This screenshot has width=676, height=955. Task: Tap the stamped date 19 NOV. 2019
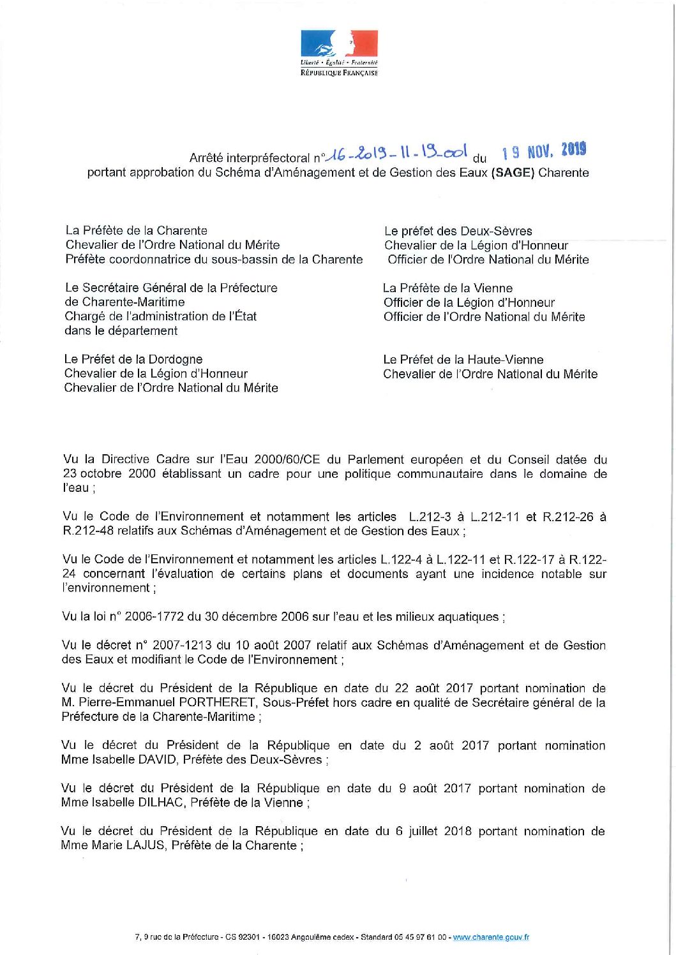544,151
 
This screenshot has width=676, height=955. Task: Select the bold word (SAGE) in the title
513,173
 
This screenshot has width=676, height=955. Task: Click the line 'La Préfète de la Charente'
137,231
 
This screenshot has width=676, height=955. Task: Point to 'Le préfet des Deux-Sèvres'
458,232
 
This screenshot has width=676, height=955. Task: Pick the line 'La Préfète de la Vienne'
447,288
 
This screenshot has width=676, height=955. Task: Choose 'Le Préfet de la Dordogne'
133,360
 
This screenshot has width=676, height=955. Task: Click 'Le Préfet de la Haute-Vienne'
463,360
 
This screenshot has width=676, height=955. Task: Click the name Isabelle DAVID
124,760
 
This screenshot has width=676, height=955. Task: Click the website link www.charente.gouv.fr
490,937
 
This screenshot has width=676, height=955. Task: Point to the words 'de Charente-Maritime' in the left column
124,302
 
